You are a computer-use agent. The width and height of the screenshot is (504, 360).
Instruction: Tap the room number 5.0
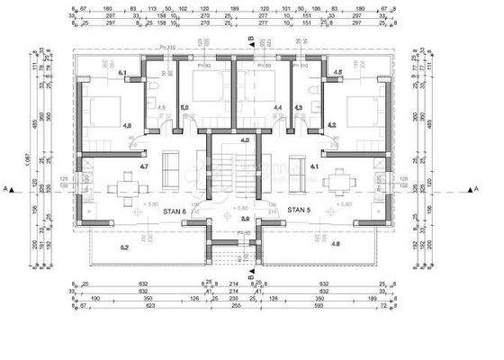click(x=184, y=107)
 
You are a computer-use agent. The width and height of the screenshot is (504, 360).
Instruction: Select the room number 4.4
click(x=277, y=107)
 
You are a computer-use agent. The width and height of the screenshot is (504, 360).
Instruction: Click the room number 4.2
click(x=331, y=125)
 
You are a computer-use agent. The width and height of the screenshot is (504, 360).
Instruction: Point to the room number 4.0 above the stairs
click(x=243, y=140)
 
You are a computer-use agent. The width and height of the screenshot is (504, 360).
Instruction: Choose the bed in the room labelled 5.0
click(x=206, y=90)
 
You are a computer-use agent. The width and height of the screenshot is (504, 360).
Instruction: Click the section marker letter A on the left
click(x=7, y=189)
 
